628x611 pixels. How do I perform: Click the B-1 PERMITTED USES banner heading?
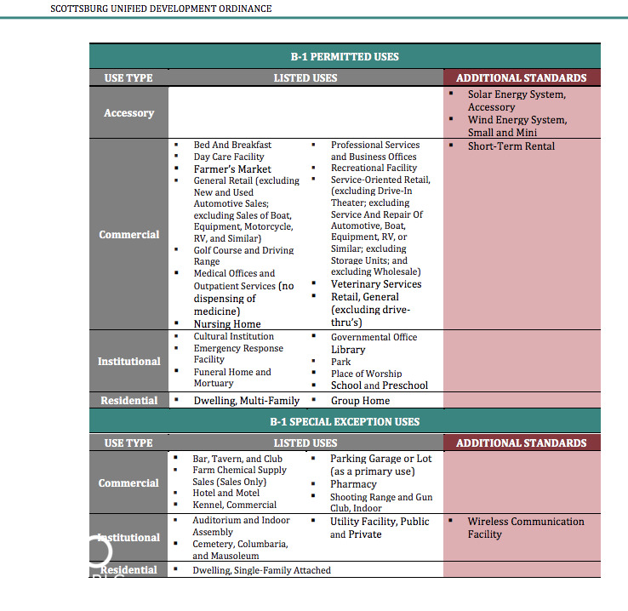tap(345, 57)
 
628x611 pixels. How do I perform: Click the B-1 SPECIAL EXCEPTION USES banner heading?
tap(345, 421)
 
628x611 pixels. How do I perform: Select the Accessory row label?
tap(128, 113)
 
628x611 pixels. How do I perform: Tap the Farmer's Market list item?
tap(232, 168)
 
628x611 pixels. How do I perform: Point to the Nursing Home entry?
tap(227, 323)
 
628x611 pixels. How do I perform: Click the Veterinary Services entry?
tap(376, 284)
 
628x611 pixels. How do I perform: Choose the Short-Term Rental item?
tap(511, 146)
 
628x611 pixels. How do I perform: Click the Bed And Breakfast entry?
tap(232, 145)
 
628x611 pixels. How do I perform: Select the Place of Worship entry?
tap(366, 374)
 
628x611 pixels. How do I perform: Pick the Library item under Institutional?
tap(348, 350)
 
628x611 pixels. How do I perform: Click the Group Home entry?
tap(360, 400)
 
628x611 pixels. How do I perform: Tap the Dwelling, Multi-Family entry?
tap(247, 400)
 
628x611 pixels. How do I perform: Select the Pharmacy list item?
tap(353, 483)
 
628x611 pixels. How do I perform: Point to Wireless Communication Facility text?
tap(525, 528)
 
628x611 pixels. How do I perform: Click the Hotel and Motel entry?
tap(226, 493)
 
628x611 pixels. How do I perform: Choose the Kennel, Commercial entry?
tap(234, 505)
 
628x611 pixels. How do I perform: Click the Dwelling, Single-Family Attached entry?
tap(261, 570)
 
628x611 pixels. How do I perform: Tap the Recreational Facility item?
tap(374, 168)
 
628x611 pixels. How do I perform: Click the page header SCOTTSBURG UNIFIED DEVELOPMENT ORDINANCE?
tap(161, 9)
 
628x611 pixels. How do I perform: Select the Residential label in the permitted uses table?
tap(128, 400)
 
